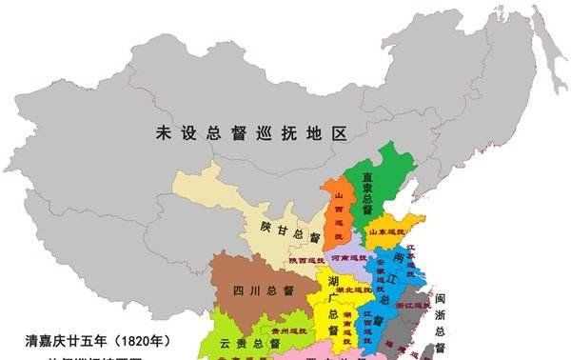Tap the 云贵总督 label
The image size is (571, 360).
[x=245, y=342]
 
